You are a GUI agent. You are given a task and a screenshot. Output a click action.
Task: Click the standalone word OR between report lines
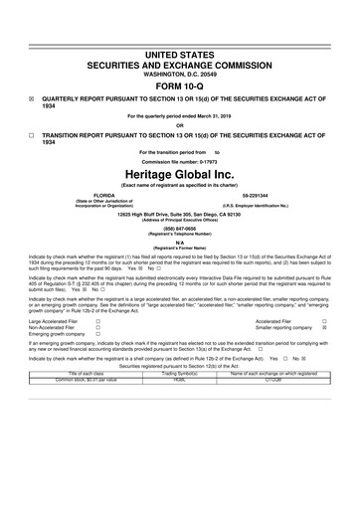pos(180,125)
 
